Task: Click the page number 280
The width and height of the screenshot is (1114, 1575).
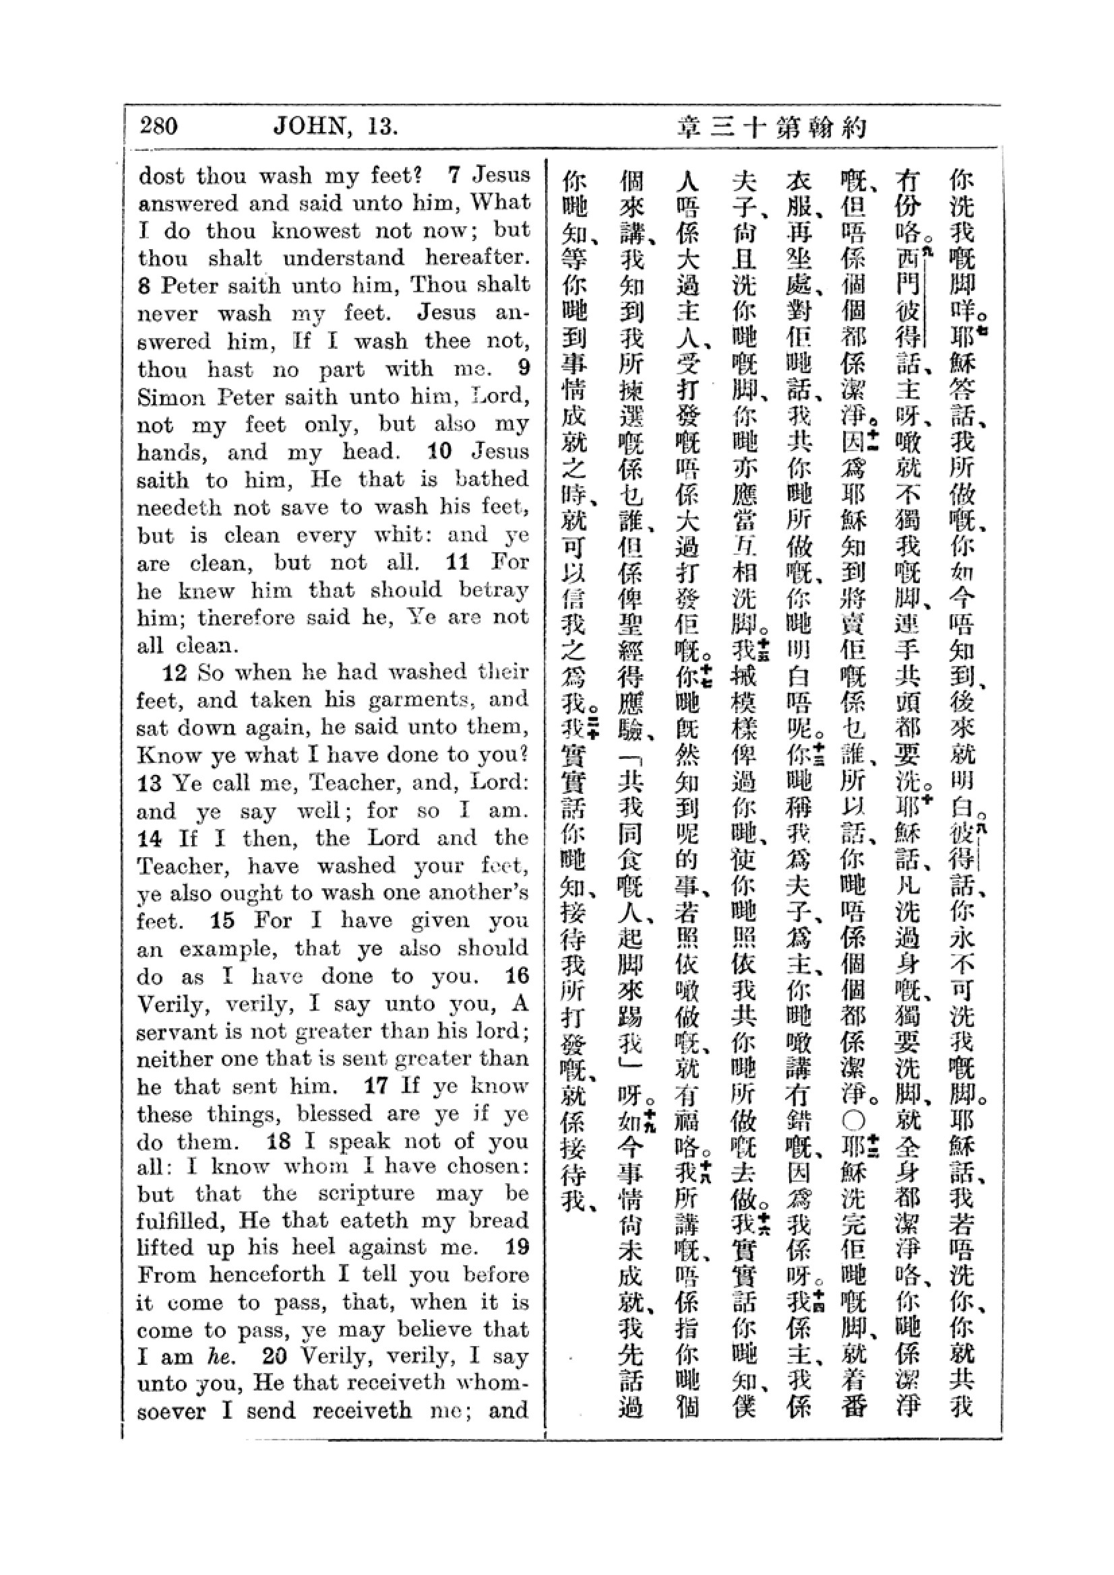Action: [158, 126]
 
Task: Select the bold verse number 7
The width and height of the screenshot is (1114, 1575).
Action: [453, 175]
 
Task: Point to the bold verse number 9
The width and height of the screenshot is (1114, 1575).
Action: [524, 368]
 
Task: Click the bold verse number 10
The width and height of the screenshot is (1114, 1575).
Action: [439, 452]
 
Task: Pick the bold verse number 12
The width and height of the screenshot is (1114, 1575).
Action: [175, 673]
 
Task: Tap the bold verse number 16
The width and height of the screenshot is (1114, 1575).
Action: [516, 976]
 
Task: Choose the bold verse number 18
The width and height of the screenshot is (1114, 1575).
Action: [280, 1141]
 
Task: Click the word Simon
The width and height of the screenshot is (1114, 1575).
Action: [171, 397]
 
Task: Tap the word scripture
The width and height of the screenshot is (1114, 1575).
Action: [367, 1193]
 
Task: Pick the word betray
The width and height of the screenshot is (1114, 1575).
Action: [493, 590]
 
